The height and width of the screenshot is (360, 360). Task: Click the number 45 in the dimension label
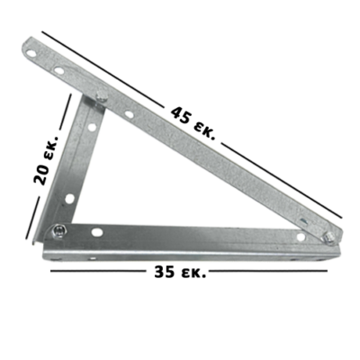tap(181, 115)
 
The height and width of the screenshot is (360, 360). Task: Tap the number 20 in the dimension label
tap(40, 174)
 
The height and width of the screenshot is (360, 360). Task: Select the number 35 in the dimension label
tap(165, 272)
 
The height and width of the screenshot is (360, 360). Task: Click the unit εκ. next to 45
tap(204, 131)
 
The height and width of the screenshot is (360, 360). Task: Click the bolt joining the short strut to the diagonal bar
tap(101, 96)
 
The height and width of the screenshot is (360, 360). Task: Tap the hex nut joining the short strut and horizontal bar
tap(58, 231)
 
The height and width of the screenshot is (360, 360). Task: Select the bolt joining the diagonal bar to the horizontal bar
tap(329, 238)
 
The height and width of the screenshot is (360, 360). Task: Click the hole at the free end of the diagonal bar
tap(31, 54)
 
